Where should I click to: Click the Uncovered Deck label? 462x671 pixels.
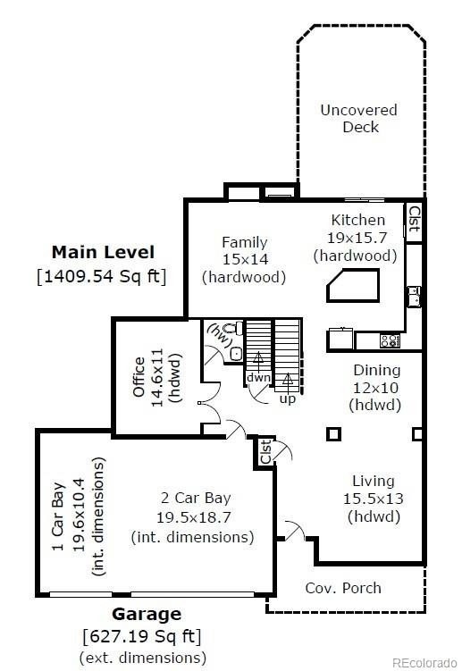[x=359, y=119]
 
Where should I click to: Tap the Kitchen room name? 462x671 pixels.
[x=358, y=220]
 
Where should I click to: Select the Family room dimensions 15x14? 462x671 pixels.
[x=245, y=259]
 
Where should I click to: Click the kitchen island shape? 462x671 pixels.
[x=353, y=285]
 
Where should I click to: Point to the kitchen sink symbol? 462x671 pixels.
[x=414, y=297]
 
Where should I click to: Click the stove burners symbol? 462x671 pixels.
[x=390, y=341]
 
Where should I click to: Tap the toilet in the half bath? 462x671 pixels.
[x=232, y=329]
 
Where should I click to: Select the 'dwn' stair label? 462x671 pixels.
[x=258, y=377]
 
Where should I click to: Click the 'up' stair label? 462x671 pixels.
[x=288, y=398]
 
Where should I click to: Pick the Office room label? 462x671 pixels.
[x=139, y=376]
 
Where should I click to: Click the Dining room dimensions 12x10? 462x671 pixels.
[x=375, y=388]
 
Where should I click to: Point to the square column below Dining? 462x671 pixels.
[x=333, y=434]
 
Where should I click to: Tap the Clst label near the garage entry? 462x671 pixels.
[x=265, y=451]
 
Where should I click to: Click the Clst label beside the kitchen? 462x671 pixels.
[x=415, y=219]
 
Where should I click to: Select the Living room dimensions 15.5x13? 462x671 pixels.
[x=373, y=499]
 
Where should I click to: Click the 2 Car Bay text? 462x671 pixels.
[x=196, y=498]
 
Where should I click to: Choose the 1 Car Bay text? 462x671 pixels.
[x=58, y=516]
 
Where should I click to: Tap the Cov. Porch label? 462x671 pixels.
[x=343, y=588]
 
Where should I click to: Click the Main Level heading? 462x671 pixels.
[x=103, y=252]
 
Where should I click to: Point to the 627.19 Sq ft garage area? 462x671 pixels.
[x=142, y=636]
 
